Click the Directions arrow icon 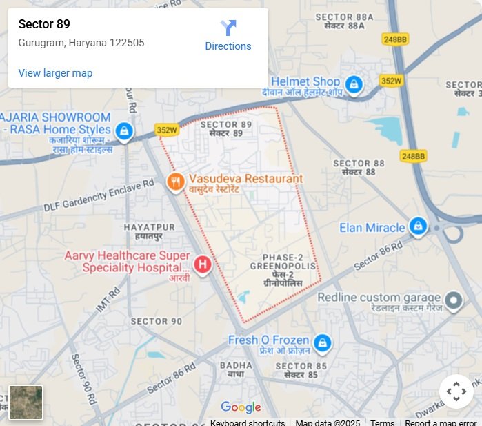[x=228, y=28]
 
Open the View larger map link [x=55, y=73]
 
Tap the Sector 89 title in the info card [x=44, y=25]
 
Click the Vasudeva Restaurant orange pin [x=176, y=182]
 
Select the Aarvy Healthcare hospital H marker [x=203, y=264]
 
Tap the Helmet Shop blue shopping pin [x=354, y=85]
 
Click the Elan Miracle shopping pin [x=418, y=226]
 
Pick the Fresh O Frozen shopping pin [x=322, y=342]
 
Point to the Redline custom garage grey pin [x=453, y=300]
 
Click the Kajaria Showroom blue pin [x=124, y=130]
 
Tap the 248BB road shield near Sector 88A [x=395, y=40]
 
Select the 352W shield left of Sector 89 [x=166, y=130]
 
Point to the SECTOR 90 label [x=157, y=321]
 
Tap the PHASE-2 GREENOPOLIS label [x=283, y=266]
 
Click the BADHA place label [x=232, y=365]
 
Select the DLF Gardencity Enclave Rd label [x=99, y=196]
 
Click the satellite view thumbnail [x=26, y=402]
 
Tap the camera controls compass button [x=456, y=391]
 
